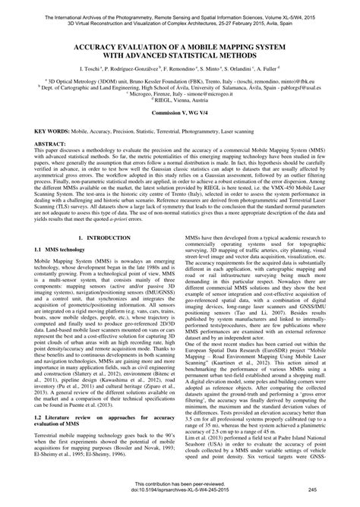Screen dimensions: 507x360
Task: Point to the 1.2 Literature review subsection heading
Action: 91,438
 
